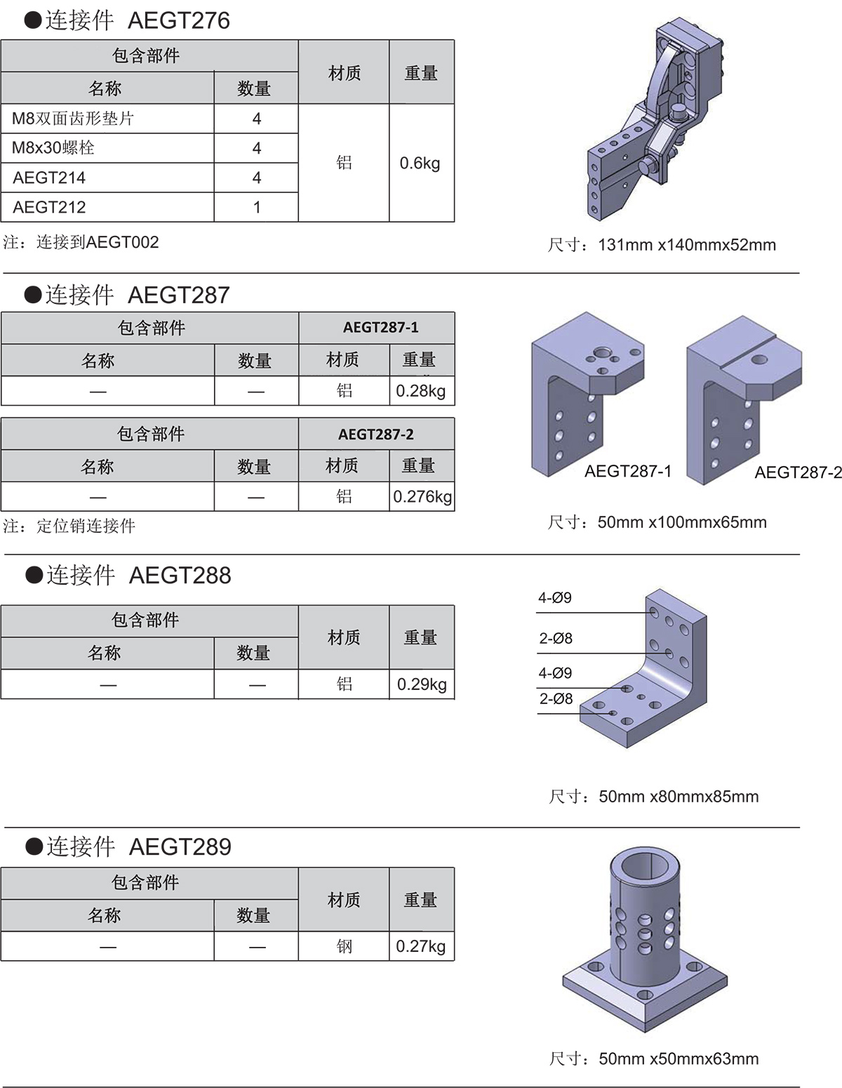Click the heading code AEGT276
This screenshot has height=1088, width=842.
[x=179, y=20]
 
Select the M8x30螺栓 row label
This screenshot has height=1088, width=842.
[x=53, y=147]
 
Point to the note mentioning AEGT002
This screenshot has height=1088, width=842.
[x=81, y=242]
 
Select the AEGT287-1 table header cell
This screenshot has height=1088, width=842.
[x=381, y=327]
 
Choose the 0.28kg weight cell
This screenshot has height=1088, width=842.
[x=421, y=390]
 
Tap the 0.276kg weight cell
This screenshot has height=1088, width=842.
[x=422, y=497]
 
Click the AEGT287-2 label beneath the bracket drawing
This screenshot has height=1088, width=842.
[x=798, y=472]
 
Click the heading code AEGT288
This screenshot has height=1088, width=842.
[x=180, y=576]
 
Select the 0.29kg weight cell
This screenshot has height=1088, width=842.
[x=422, y=684]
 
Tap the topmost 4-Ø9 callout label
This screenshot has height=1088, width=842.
[x=555, y=597]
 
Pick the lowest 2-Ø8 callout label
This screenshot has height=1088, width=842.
[x=556, y=698]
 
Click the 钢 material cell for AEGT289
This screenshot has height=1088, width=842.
[x=345, y=946]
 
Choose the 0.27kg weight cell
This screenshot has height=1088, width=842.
[x=421, y=946]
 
